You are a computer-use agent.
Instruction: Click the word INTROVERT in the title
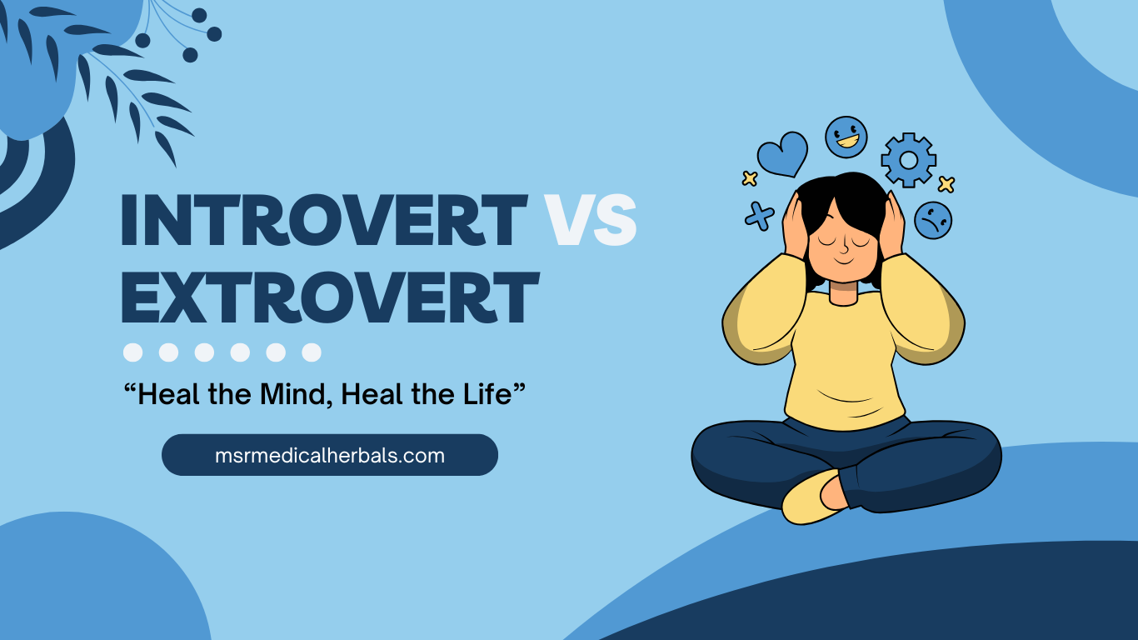pos(323,220)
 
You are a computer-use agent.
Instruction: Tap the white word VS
pos(591,220)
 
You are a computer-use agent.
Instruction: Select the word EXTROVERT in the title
pos(330,297)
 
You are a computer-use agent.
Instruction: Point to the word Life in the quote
pos(492,394)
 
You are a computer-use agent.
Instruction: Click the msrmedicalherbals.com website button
pos(330,455)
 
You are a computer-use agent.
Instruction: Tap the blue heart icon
pos(782,154)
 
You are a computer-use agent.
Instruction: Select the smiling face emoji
pos(846,137)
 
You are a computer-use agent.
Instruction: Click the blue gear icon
pos(909,159)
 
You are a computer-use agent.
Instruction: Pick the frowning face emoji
pos(933,220)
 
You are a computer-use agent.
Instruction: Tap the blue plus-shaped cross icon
pos(759,215)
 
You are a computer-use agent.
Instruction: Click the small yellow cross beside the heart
pos(750,177)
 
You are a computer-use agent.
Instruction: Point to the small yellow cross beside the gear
pos(946,184)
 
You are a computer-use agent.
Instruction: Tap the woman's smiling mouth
pos(843,260)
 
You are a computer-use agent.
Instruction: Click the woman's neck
pos(843,292)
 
